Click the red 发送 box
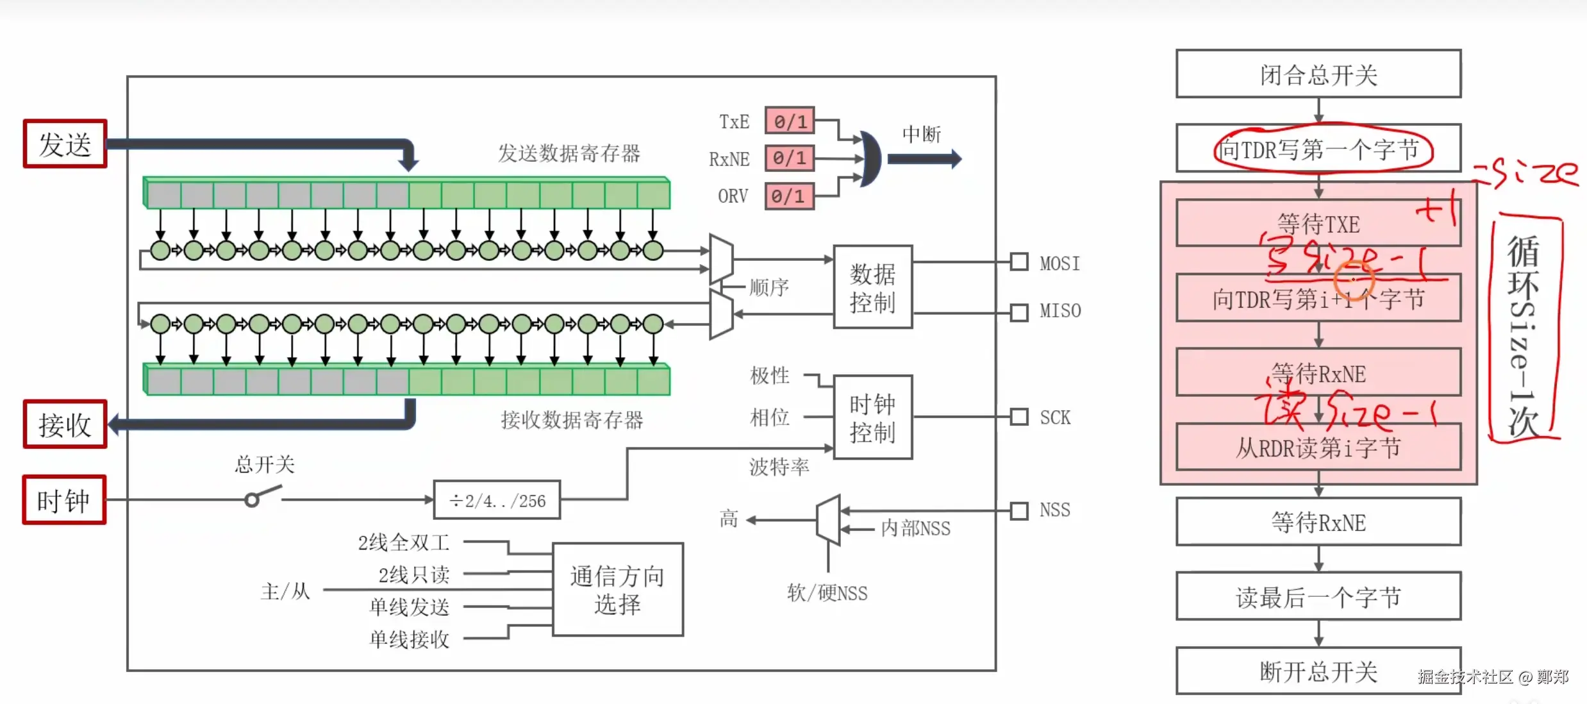(65, 144)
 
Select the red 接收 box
(65, 424)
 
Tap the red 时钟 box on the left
(64, 500)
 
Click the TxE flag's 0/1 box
(790, 121)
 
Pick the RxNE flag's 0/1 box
(790, 158)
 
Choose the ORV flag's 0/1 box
(790, 196)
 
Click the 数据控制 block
(872, 287)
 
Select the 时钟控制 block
(872, 417)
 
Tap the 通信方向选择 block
(618, 590)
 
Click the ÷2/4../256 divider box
(497, 500)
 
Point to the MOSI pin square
(1018, 262)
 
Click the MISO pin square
(1018, 312)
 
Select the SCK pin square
(1018, 417)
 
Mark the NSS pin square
(1018, 511)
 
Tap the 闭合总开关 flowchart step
(1318, 74)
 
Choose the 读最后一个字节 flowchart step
(1318, 597)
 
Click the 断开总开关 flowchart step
(1318, 671)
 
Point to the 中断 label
(922, 134)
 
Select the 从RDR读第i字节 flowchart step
(1318, 448)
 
